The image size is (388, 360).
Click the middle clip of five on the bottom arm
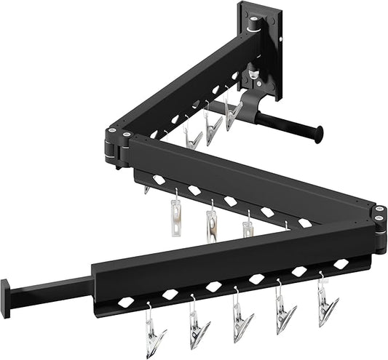tap(241, 322)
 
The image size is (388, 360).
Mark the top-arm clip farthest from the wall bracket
tap(192, 137)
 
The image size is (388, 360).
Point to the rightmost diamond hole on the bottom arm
tap(341, 263)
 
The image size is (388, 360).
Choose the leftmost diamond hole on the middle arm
tap(158, 178)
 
